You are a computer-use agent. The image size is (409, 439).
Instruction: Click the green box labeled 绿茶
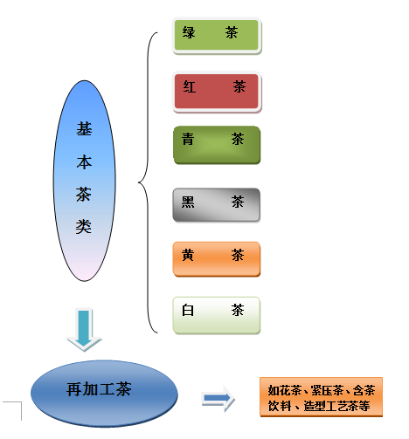(x=218, y=34)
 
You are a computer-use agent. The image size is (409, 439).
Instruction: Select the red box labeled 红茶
(x=217, y=91)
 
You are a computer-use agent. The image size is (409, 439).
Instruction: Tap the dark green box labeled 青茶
(x=217, y=145)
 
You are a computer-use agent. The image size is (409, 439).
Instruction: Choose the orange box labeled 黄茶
(x=217, y=257)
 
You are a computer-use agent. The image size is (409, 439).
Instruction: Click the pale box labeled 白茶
(x=217, y=314)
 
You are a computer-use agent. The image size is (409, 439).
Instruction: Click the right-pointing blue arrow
(x=218, y=400)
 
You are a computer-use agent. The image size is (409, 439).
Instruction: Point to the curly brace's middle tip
(x=140, y=182)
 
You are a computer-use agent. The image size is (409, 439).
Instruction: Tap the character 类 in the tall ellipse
(x=83, y=227)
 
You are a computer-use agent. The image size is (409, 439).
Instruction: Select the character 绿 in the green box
(x=189, y=34)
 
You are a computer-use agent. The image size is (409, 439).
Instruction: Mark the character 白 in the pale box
(x=187, y=311)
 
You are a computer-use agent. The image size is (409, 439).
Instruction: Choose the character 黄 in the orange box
(x=188, y=257)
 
